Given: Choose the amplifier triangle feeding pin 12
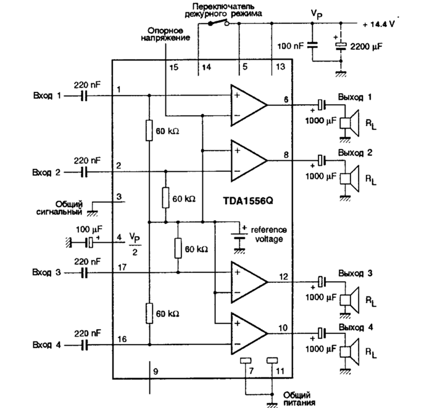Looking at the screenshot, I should [247, 281].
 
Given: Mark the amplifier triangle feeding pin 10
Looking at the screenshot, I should [247, 332].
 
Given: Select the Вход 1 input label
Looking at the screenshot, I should [47, 96].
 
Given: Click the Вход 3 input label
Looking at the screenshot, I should [47, 272].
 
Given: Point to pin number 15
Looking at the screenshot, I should [173, 66].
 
